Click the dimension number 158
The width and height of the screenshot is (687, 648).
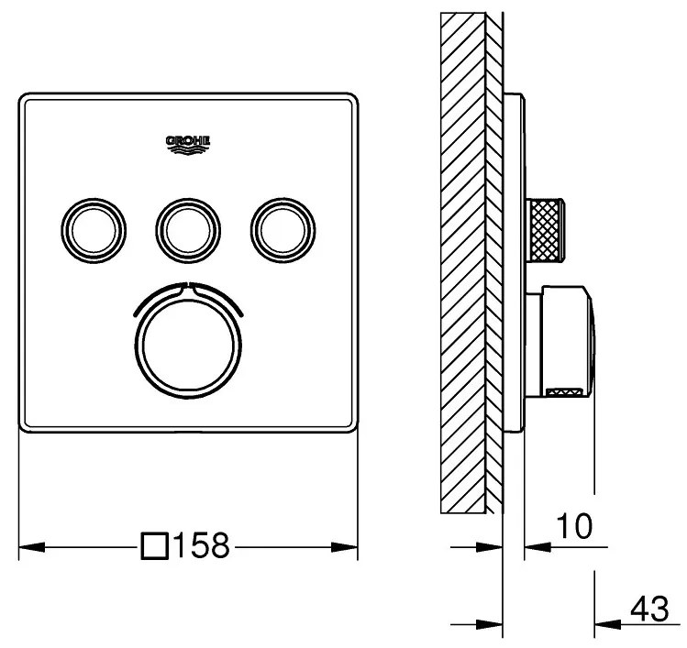pyautogui.click(x=197, y=547)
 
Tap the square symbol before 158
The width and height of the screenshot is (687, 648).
pyautogui.click(x=155, y=547)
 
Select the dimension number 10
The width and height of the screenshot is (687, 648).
pyautogui.click(x=573, y=525)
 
